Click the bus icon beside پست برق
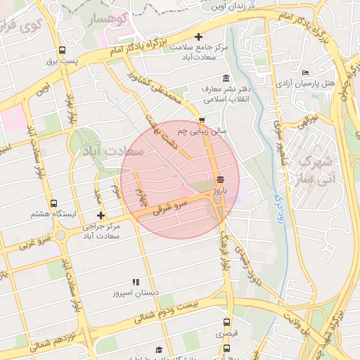[x=63, y=50]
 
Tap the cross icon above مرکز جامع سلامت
[x=199, y=37]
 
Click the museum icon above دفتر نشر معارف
[x=225, y=78]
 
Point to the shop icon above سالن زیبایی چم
[x=202, y=120]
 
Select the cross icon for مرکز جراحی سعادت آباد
[x=101, y=215]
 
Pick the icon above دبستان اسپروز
[x=135, y=282]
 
